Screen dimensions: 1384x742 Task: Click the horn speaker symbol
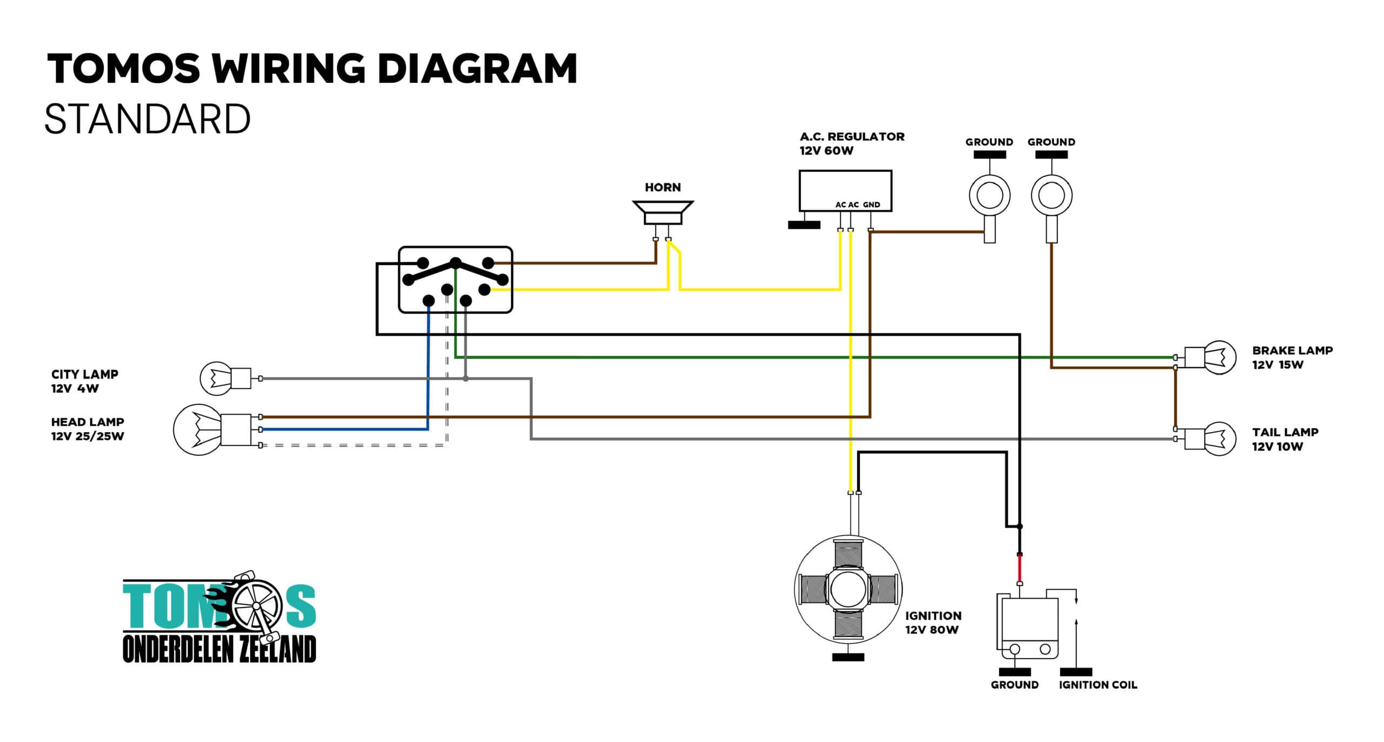(663, 213)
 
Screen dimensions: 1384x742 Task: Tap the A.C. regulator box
(845, 191)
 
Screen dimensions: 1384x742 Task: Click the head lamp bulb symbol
(212, 430)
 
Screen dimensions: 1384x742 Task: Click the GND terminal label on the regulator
(871, 205)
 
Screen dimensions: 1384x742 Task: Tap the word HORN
(663, 187)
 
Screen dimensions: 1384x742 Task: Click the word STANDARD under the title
(148, 120)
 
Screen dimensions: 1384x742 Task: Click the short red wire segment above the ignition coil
(1020, 569)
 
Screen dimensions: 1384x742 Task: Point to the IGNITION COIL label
(1098, 685)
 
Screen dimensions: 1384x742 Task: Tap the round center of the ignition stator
(848, 589)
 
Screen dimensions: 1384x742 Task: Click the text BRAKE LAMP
(1293, 350)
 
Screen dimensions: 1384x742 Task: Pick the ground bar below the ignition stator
(848, 658)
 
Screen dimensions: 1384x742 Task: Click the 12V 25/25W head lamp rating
(88, 436)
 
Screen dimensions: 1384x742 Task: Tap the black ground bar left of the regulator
(804, 225)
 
